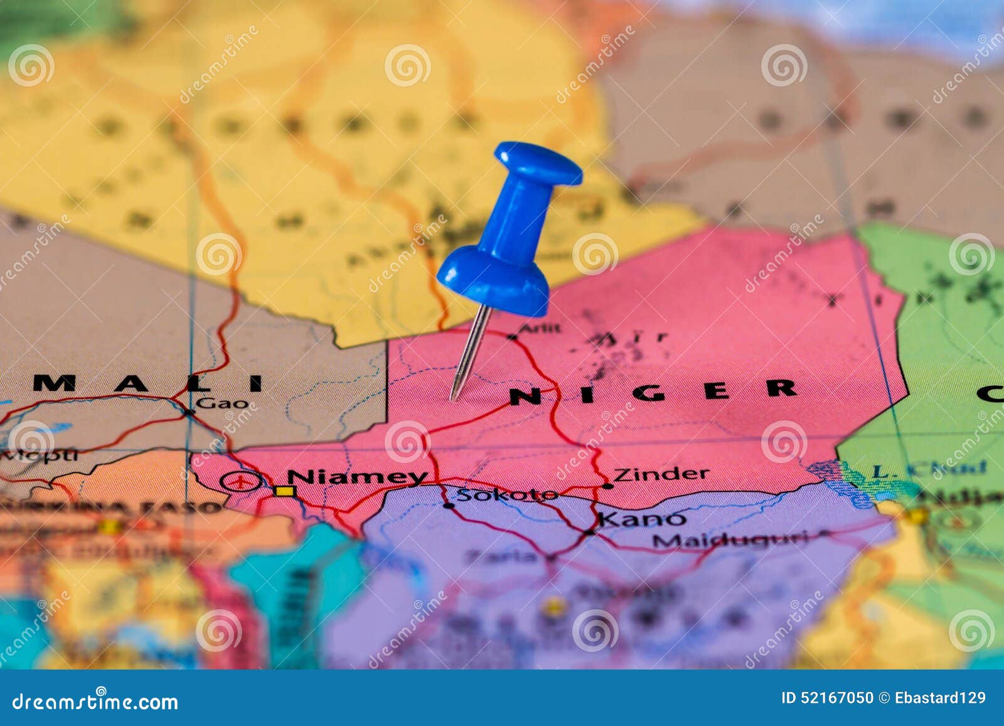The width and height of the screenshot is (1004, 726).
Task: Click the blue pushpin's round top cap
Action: (538, 163)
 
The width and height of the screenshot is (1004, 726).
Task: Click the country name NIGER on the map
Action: (653, 391)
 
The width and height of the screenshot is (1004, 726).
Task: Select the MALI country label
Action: (148, 383)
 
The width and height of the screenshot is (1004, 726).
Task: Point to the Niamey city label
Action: (357, 477)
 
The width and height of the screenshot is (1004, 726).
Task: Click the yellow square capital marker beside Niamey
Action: (284, 491)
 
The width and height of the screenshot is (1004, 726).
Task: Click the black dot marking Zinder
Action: (607, 486)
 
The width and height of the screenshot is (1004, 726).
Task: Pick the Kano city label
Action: (641, 519)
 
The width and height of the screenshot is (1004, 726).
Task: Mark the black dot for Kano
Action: (589, 532)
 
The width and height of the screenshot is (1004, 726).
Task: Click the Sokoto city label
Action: (506, 494)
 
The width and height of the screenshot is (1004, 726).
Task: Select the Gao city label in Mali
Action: (222, 403)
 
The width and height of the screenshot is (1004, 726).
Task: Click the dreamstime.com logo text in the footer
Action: (95, 701)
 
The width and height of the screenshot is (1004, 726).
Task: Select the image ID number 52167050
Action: (835, 698)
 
